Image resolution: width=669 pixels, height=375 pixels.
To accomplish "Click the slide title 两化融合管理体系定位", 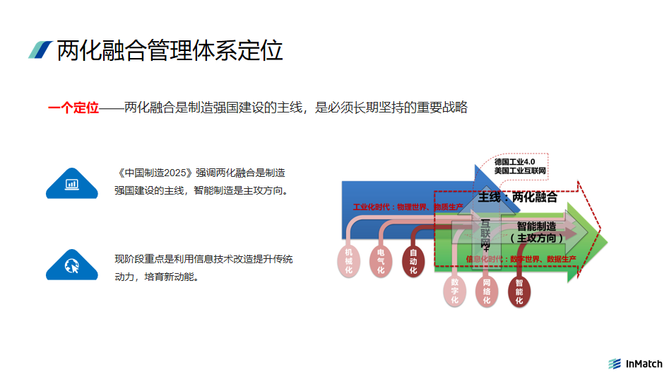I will tap(170, 50).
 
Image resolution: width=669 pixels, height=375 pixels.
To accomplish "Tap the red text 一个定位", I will tap(73, 108).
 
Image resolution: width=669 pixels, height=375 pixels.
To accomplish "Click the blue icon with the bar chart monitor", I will tap(71, 184).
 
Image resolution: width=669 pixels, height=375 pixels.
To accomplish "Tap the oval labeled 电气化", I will tap(381, 261).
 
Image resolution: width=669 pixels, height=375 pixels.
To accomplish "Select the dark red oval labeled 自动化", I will tap(413, 261).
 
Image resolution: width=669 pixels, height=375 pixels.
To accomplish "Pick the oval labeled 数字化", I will tap(454, 291).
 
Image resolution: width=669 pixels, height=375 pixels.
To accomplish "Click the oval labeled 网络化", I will tap(487, 291).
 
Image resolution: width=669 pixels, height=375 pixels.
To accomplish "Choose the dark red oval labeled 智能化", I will tap(519, 291).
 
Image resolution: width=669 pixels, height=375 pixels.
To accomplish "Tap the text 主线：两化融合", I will tap(517, 197).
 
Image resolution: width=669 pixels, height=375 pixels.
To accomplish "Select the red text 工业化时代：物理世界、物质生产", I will tap(408, 207).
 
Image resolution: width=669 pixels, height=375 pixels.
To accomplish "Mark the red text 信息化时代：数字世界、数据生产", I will tap(521, 259).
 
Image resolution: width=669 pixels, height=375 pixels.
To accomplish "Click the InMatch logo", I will tap(635, 364).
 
